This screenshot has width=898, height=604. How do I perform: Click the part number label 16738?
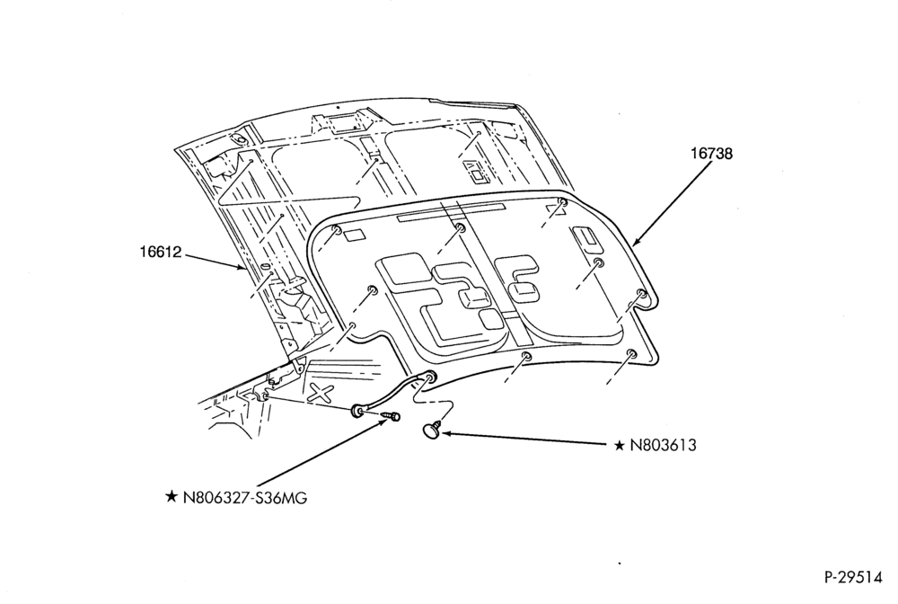[x=710, y=154]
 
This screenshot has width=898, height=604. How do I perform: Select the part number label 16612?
[x=161, y=252]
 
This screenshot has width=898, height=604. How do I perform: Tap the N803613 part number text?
[x=664, y=445]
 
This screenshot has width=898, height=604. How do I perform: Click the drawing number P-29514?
[x=853, y=578]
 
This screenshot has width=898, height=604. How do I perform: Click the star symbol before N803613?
[x=619, y=445]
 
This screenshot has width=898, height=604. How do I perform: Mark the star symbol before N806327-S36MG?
[x=172, y=497]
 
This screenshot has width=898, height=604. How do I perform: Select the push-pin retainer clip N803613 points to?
[x=432, y=429]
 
